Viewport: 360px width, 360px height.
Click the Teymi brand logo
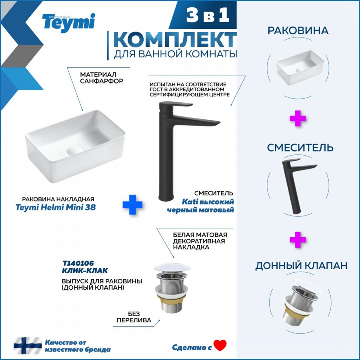(x=68, y=23)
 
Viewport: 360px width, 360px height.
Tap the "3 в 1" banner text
(x=208, y=15)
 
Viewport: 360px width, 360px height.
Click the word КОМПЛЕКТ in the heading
(x=175, y=40)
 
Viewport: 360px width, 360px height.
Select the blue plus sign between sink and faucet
(x=132, y=204)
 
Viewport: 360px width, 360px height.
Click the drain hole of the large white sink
(x=75, y=150)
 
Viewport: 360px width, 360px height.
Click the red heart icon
(x=220, y=345)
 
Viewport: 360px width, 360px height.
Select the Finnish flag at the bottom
(x=28, y=345)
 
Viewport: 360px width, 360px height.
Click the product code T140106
(x=78, y=263)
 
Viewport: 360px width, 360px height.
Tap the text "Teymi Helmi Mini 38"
(x=56, y=207)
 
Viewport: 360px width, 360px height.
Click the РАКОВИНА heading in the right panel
(x=298, y=30)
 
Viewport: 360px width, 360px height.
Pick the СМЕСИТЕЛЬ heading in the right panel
(x=300, y=147)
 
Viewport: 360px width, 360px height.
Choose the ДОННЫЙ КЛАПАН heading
(x=301, y=266)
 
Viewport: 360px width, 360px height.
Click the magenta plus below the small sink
(x=298, y=118)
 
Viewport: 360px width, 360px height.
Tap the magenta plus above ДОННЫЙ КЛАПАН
(x=298, y=240)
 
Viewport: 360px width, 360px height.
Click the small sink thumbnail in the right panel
(x=300, y=68)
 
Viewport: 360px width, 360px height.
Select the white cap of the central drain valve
(x=172, y=268)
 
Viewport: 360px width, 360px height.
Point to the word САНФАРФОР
(x=102, y=81)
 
